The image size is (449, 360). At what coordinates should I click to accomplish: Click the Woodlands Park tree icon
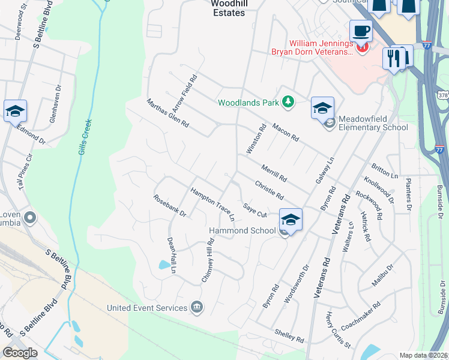point(288,103)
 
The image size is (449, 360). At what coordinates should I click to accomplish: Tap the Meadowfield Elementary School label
point(373,123)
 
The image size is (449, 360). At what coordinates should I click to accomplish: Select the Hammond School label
point(242,230)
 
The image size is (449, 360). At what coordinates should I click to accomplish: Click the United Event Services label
point(147,308)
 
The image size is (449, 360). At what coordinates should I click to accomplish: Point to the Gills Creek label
point(86,137)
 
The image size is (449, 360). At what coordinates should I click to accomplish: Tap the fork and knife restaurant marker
point(394,58)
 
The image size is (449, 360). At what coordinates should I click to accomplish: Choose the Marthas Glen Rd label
point(168,114)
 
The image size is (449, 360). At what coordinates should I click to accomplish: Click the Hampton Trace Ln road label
point(212,204)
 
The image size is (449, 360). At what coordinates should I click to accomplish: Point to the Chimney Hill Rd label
point(207,260)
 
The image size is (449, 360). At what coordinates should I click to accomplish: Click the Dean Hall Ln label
point(170,254)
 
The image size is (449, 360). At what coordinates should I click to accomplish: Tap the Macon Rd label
point(285,131)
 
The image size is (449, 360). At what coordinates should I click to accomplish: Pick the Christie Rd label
point(269,190)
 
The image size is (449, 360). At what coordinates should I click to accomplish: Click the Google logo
point(20,353)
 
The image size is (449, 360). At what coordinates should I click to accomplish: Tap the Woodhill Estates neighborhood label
point(228,8)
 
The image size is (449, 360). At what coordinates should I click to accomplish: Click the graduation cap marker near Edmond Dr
point(15,111)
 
